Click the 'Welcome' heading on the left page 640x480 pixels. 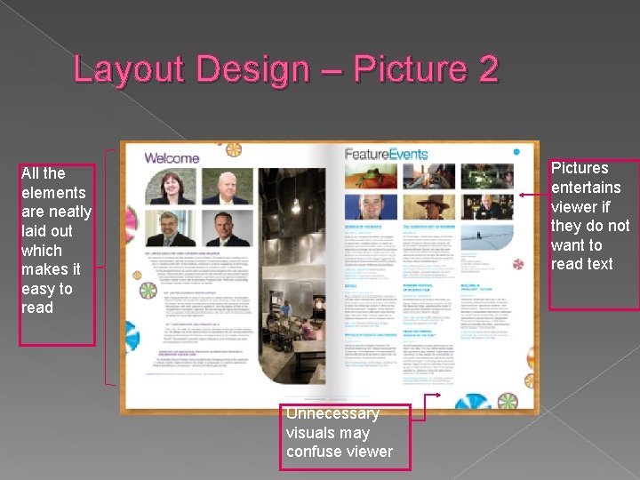tap(172, 158)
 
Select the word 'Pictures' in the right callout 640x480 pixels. tap(580, 168)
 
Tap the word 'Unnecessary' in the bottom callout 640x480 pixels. tap(332, 413)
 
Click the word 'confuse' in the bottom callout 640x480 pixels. tap(312, 452)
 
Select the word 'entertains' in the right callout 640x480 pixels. tap(586, 188)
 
